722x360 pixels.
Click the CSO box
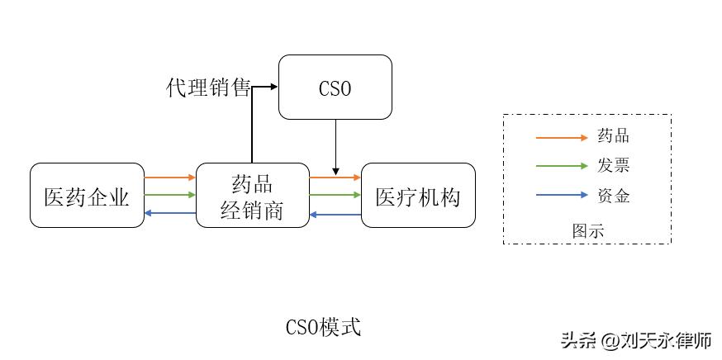coord(335,88)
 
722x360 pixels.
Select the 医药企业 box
coord(87,196)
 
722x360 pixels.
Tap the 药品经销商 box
coord(252,196)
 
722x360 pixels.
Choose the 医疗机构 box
coord(418,196)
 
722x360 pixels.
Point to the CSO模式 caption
coord(323,327)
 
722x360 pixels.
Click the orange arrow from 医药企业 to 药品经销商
coord(169,177)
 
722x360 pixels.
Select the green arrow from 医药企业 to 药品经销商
coord(169,195)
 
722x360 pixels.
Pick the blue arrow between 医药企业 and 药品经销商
coord(169,213)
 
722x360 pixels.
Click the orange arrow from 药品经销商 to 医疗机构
coord(335,177)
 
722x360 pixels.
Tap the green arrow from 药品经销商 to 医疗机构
coord(335,195)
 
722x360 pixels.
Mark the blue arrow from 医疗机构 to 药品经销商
coord(335,214)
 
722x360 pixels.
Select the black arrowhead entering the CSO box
coord(273,86)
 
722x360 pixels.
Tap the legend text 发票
coord(613,166)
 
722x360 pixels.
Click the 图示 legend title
coord(587,230)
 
